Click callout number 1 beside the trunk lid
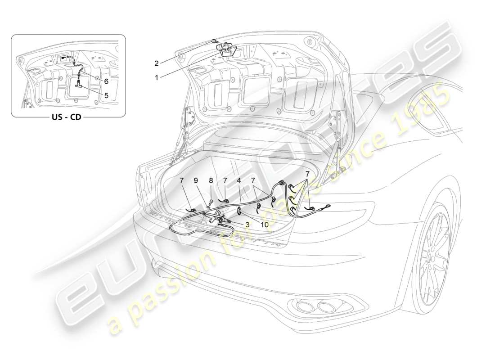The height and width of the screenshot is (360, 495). pos(156,77)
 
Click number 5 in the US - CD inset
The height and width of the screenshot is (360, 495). pos(106,95)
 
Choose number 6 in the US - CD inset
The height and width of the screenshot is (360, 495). pos(106,81)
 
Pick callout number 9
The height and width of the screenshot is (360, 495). pos(196,181)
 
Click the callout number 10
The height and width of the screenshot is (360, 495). pos(264,224)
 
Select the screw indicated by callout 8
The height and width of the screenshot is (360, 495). pos(210,197)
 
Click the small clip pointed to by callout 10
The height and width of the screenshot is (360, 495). pos(239,209)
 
